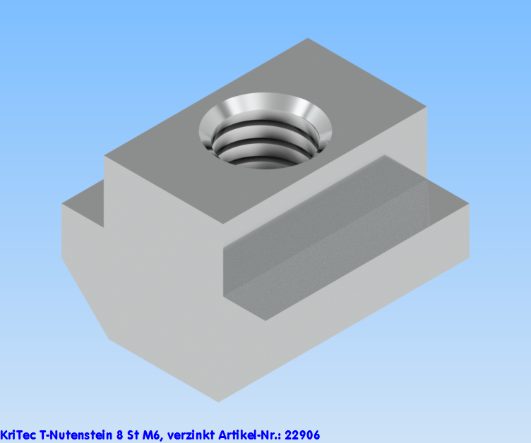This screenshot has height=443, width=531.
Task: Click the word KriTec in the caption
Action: click(18, 435)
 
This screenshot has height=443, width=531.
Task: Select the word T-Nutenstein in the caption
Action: click(76, 435)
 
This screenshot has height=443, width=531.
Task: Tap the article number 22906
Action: click(302, 435)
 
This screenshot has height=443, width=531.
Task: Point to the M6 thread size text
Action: click(151, 435)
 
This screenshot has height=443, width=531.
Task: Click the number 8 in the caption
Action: click(119, 435)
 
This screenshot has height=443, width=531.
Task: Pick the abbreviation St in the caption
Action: click(133, 435)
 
